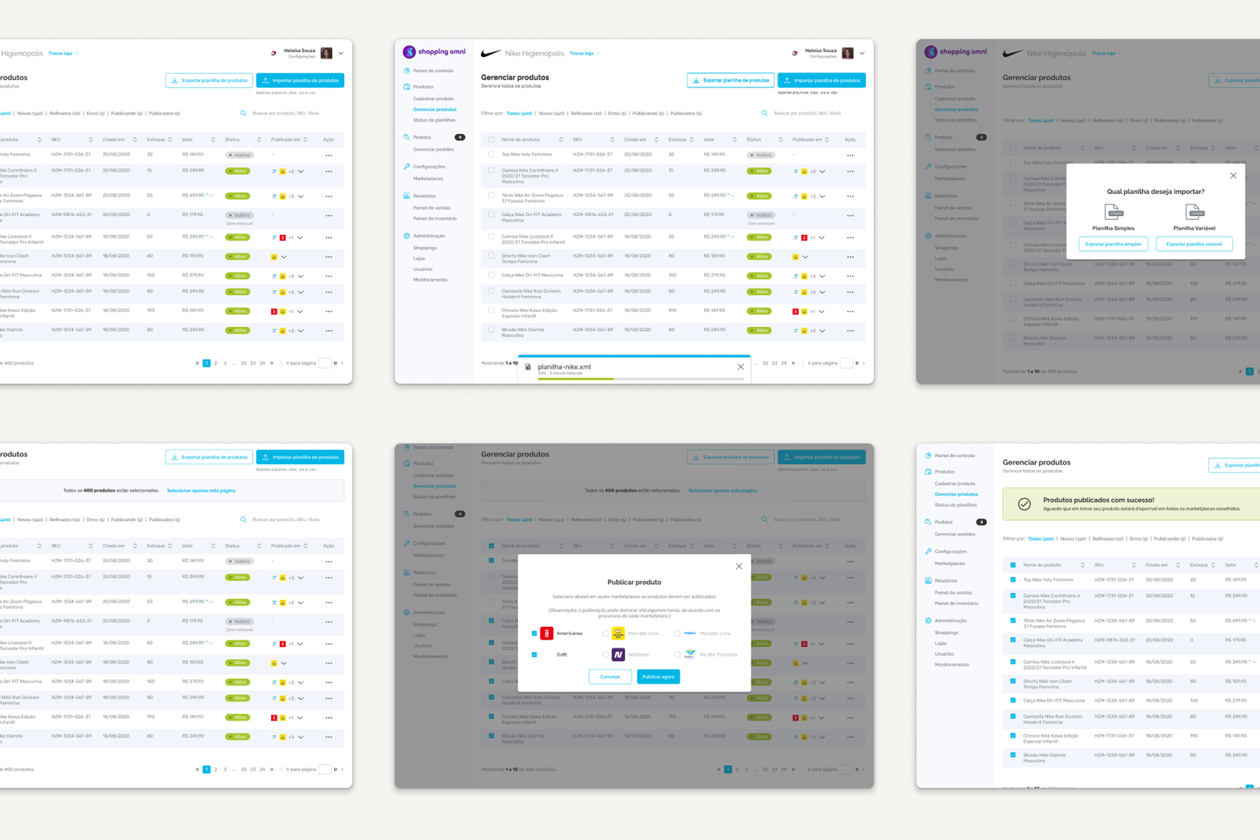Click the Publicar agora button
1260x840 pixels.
pyautogui.click(x=658, y=677)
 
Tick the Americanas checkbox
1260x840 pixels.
pyautogui.click(x=534, y=633)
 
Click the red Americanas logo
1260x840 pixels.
pyautogui.click(x=547, y=633)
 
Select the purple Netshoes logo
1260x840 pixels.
pyautogui.click(x=618, y=655)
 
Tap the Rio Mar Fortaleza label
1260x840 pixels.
pyautogui.click(x=718, y=655)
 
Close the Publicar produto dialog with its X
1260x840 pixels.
pyautogui.click(x=739, y=566)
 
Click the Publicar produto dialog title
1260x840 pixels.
pyautogui.click(x=634, y=582)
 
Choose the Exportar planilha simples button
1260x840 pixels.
pyautogui.click(x=1112, y=244)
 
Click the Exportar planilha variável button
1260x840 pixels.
pyautogui.click(x=1193, y=244)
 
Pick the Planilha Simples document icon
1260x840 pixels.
pyautogui.click(x=1112, y=211)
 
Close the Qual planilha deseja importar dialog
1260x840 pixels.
pyautogui.click(x=1233, y=176)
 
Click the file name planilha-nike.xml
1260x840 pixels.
pyautogui.click(x=563, y=367)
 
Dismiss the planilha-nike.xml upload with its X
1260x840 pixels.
pyautogui.click(x=740, y=367)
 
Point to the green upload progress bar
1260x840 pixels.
pyautogui.click(x=576, y=379)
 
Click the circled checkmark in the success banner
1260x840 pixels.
pyautogui.click(x=1024, y=504)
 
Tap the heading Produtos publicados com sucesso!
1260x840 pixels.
pyautogui.click(x=1098, y=500)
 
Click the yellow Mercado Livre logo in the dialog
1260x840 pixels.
pyautogui.click(x=618, y=633)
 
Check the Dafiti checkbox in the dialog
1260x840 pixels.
pyautogui.click(x=534, y=655)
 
